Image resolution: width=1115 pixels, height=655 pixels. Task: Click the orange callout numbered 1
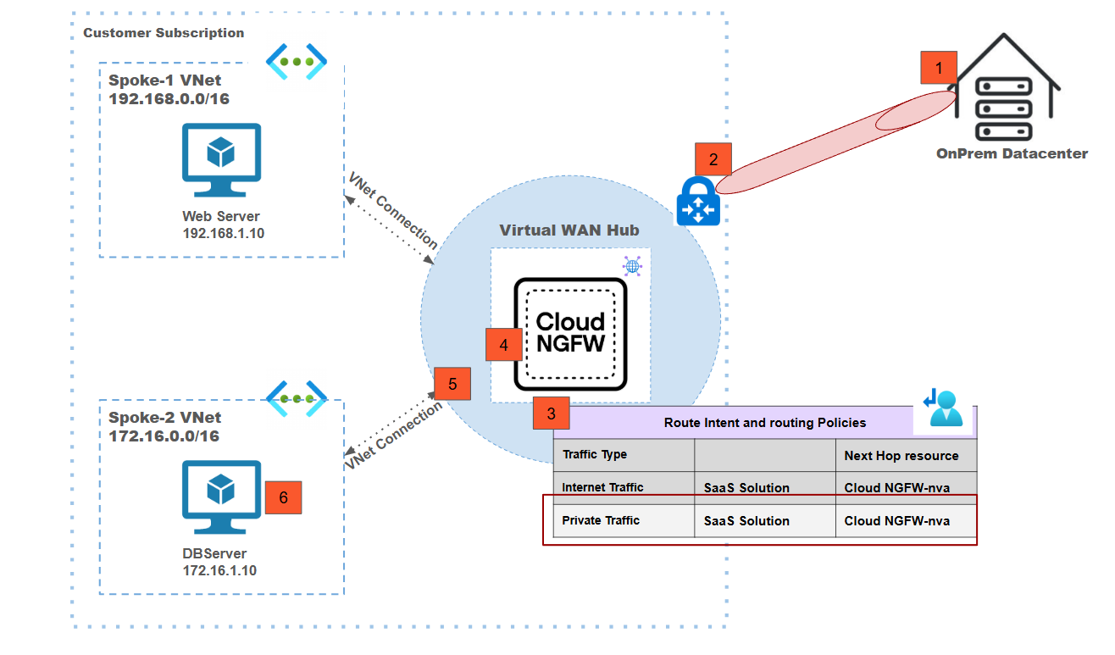[938, 67]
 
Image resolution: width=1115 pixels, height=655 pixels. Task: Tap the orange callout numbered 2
[713, 159]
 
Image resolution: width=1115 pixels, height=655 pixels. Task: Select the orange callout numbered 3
[552, 414]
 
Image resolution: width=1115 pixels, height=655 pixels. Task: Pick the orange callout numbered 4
[504, 345]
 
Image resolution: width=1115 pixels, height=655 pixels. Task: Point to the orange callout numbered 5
[452, 384]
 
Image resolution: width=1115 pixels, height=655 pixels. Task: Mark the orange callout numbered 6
[283, 497]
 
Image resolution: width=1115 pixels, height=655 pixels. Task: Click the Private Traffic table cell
[601, 520]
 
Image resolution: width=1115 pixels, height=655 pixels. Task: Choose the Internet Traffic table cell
[602, 487]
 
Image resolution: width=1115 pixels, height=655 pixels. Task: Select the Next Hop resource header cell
[901, 456]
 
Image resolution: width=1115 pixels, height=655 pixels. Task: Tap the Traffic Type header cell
[595, 455]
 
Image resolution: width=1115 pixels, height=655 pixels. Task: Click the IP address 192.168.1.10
[224, 233]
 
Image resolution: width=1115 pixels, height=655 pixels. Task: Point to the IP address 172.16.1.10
[219, 570]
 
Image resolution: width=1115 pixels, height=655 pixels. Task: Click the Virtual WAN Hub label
[569, 230]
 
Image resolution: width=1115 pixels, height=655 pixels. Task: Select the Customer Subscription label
[164, 33]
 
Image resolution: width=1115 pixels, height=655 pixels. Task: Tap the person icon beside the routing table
[943, 408]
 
